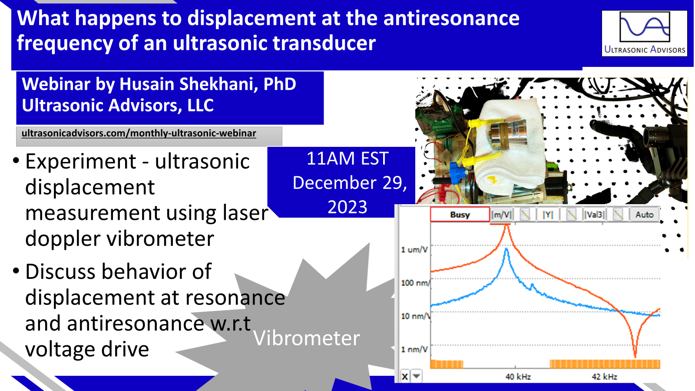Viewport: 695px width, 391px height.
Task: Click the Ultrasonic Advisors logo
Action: click(x=645, y=33)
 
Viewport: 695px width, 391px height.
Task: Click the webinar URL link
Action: click(x=139, y=133)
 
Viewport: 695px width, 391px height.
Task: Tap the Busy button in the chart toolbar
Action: click(x=460, y=215)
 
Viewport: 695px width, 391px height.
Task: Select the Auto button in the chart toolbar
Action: click(x=645, y=215)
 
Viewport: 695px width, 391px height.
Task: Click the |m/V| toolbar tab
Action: click(x=501, y=215)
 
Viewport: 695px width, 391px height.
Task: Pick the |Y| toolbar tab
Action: click(x=548, y=215)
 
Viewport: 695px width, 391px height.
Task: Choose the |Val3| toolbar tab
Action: click(x=594, y=215)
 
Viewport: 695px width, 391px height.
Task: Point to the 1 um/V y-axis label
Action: click(x=414, y=249)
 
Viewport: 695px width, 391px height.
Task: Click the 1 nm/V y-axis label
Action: click(x=414, y=349)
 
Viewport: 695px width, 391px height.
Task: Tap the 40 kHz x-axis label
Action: click(x=518, y=377)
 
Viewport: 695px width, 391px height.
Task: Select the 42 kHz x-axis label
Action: click(x=604, y=377)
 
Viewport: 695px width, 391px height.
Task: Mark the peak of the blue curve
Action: click(x=506, y=249)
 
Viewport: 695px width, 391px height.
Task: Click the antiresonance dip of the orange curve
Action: click(x=635, y=356)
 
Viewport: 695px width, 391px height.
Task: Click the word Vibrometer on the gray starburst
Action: click(x=307, y=338)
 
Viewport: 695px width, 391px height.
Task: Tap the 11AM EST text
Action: click(x=347, y=159)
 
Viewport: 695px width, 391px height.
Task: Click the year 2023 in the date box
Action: click(x=347, y=207)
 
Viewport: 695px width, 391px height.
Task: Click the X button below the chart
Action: click(x=405, y=376)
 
